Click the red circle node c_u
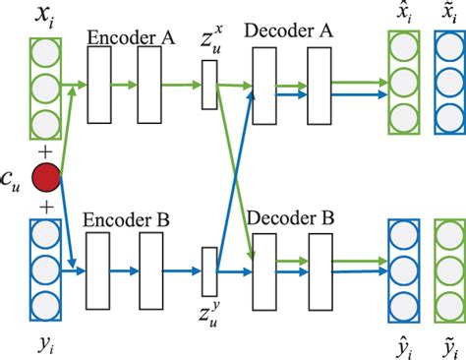pos(45,179)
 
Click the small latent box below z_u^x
pos(208,85)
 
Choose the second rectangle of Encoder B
pos(149,270)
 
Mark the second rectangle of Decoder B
pos(320,270)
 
